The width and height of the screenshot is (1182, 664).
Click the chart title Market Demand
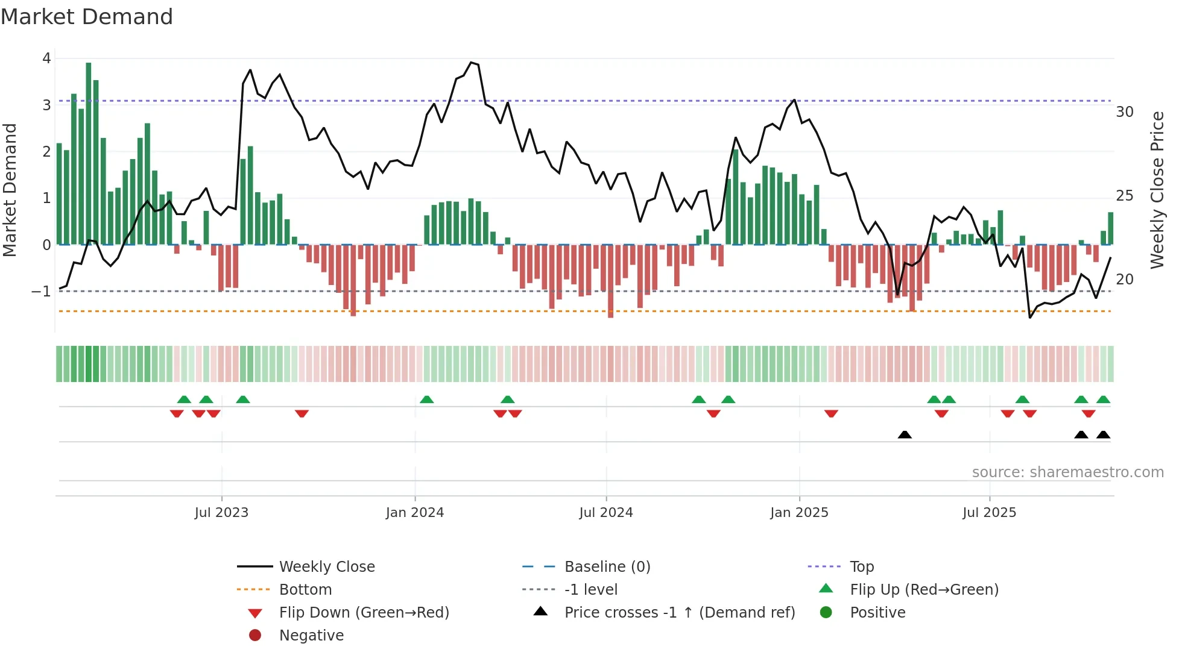pos(87,17)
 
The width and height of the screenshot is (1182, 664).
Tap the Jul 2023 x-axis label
pos(221,513)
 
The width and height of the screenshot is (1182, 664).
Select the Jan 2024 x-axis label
pos(415,513)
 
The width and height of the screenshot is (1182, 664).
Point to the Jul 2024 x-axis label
pos(606,513)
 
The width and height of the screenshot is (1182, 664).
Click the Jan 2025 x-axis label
pos(799,513)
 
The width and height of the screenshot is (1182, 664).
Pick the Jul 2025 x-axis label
pos(990,513)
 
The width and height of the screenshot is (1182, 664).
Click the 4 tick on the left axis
pos(46,58)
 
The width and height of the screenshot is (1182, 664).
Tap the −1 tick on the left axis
pos(42,292)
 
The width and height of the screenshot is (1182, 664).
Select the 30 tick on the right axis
pos(1125,112)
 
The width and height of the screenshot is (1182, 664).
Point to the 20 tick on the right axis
pos(1125,280)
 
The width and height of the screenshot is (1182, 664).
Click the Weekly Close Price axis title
pos(1157,190)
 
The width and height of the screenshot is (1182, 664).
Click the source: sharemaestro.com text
pos(1067,472)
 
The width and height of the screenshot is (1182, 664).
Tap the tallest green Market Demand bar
pos(89,154)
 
